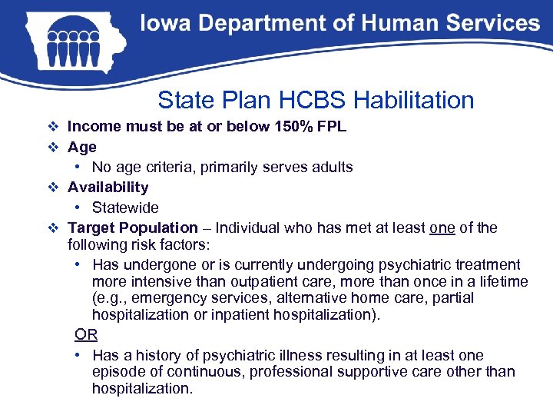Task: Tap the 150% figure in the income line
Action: tap(293, 126)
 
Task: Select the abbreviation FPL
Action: tap(329, 126)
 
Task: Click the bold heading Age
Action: tap(82, 147)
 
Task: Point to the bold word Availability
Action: tap(108, 187)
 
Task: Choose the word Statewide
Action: tap(125, 207)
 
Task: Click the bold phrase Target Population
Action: tap(132, 227)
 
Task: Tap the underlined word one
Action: tap(442, 227)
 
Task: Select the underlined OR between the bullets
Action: tap(85, 334)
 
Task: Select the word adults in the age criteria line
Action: tap(332, 167)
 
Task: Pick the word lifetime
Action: tap(502, 281)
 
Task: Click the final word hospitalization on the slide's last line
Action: tap(142, 389)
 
